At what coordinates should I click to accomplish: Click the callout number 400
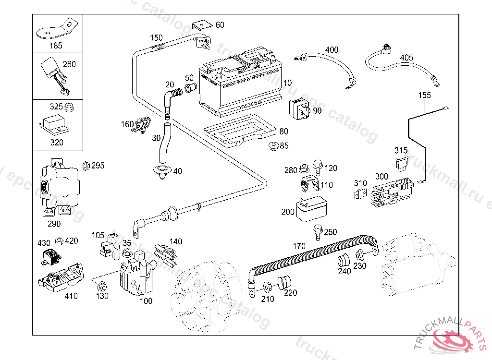[332, 50]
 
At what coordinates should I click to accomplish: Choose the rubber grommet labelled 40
[160, 172]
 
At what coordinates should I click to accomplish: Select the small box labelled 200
[310, 209]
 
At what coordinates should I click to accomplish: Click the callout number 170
[299, 246]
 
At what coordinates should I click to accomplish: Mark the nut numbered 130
[101, 287]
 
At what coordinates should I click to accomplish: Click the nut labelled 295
[86, 166]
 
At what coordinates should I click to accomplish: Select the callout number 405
[406, 58]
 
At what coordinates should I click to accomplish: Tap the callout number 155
[424, 95]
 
